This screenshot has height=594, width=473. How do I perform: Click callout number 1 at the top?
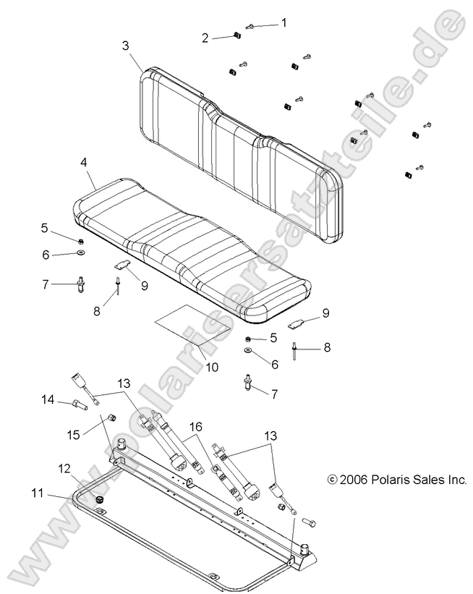(284, 22)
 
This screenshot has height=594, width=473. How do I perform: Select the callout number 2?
(205, 38)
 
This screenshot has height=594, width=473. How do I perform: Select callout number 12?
(85, 468)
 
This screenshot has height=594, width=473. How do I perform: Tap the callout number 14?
(47, 399)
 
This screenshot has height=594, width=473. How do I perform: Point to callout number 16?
(195, 428)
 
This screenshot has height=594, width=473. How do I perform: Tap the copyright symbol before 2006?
(332, 479)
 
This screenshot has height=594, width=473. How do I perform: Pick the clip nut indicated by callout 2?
(236, 35)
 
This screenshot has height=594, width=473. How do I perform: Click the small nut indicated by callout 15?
(112, 417)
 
